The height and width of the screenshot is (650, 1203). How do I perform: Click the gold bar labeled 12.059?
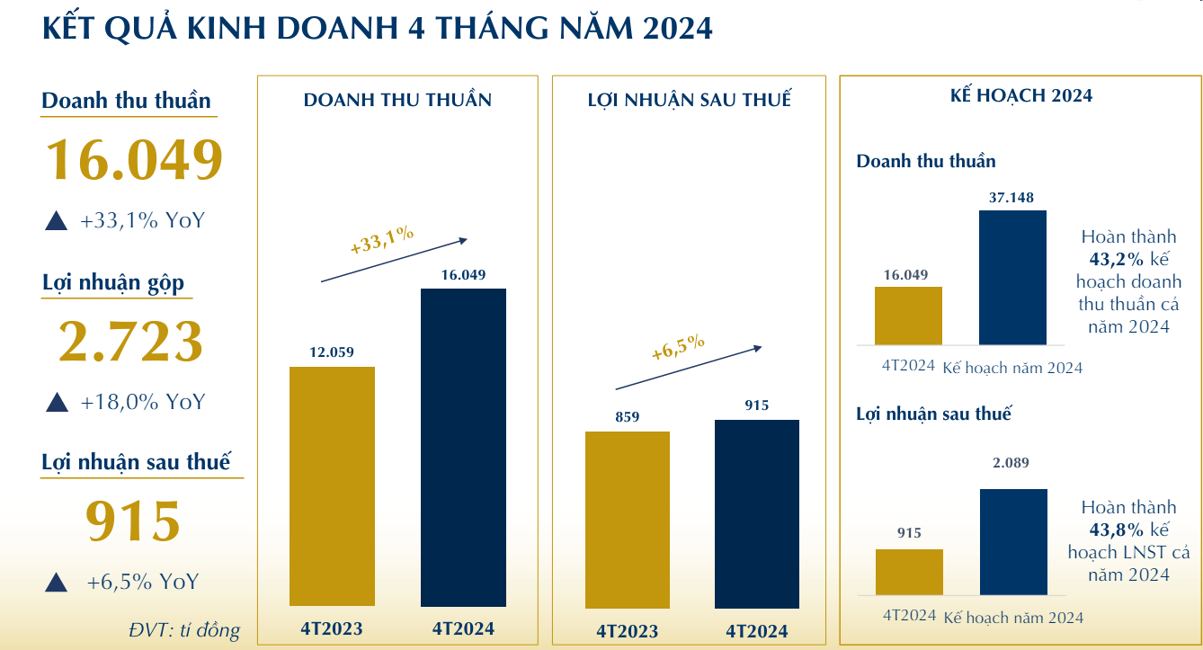[x=332, y=485]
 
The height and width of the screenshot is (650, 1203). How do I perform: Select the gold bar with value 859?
[x=627, y=520]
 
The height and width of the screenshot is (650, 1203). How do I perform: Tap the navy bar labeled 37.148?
[x=1012, y=277]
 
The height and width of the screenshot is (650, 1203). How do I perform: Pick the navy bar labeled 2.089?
[x=1013, y=541]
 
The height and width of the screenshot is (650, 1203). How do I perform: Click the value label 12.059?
[x=332, y=352]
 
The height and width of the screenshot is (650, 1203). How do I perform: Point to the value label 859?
[x=627, y=417]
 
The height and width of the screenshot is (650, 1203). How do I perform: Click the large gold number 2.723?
[x=131, y=343]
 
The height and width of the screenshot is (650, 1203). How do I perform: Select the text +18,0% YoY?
[x=143, y=402]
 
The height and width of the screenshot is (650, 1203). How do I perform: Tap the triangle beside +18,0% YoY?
[x=58, y=402]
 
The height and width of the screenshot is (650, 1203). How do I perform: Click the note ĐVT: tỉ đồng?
[x=184, y=630]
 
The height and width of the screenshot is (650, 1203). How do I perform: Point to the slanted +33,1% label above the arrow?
[x=381, y=240]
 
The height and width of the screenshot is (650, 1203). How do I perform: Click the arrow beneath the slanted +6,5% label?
[x=689, y=368]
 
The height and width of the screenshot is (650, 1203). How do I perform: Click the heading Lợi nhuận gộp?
[x=113, y=283]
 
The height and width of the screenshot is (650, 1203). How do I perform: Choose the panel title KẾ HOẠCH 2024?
[x=1021, y=95]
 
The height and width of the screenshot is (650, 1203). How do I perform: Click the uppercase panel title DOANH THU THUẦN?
[x=397, y=100]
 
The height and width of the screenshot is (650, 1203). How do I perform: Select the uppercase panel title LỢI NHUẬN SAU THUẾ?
[x=690, y=100]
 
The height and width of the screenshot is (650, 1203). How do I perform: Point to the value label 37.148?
[x=1012, y=198]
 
